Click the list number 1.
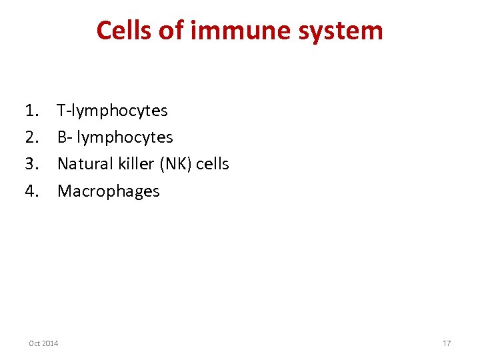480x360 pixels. [x=31, y=111]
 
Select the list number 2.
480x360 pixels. [x=31, y=137]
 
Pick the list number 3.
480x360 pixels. [x=31, y=164]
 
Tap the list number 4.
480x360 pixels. [x=31, y=191]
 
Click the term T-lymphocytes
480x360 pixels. [x=112, y=111]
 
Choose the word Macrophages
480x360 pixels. [x=109, y=191]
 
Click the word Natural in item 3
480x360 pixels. [x=83, y=164]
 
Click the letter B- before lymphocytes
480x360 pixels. [x=65, y=137]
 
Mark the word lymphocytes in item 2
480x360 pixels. [x=125, y=138]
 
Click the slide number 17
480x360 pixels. [x=447, y=343]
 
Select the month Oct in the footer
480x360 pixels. [x=35, y=343]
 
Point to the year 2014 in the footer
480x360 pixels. [x=50, y=343]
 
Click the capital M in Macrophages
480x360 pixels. [x=65, y=191]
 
